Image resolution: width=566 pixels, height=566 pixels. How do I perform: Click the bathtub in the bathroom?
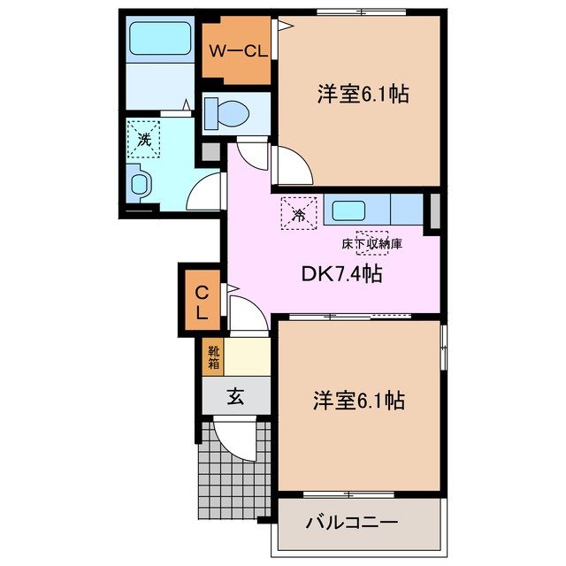(159, 40)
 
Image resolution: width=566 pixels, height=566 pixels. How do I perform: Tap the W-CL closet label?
(238, 50)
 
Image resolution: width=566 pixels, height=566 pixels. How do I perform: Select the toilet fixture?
(228, 113)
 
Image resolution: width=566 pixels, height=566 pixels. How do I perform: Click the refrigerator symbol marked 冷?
(298, 213)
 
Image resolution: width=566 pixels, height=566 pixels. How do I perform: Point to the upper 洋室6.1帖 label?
(362, 95)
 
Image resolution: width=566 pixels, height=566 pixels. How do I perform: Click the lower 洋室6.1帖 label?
(358, 402)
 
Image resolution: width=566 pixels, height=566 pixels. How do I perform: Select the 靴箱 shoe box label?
(213, 356)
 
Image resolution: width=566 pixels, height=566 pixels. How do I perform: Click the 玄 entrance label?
(235, 397)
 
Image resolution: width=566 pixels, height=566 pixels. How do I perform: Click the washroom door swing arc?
(206, 188)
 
